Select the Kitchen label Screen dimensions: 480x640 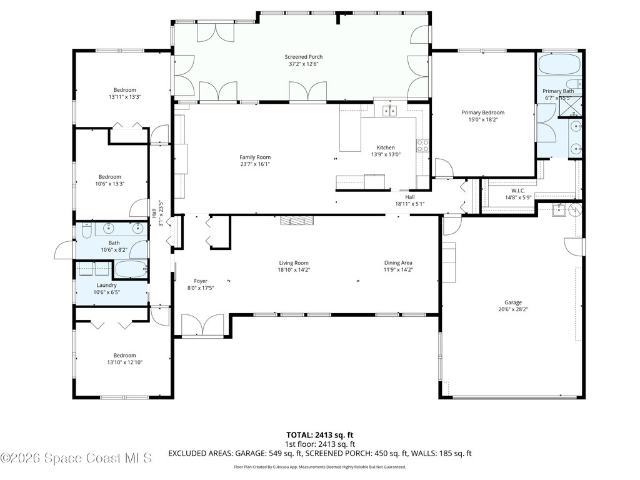click(x=386, y=147)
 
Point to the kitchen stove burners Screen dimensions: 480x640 click(x=423, y=146)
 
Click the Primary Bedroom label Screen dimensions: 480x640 click(x=482, y=112)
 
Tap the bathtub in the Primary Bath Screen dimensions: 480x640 click(x=559, y=64)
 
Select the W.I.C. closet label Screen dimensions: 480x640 click(x=518, y=190)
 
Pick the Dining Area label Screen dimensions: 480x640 click(x=398, y=262)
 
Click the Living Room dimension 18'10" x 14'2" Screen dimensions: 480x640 click(x=294, y=270)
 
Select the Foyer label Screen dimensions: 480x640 click(x=201, y=281)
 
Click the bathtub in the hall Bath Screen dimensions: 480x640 click(x=130, y=269)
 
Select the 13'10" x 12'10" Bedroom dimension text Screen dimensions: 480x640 click(x=125, y=362)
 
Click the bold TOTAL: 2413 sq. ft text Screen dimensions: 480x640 click(x=319, y=434)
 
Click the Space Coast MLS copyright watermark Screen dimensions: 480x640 click(x=76, y=458)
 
